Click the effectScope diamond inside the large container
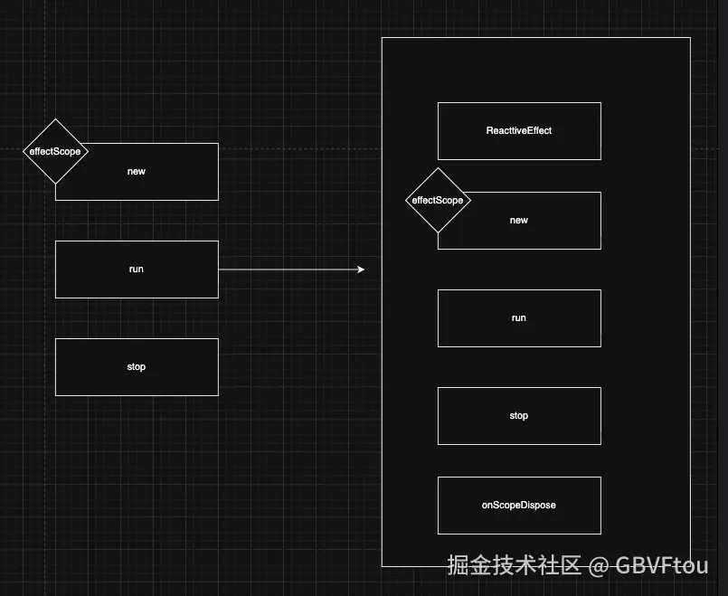point(438,200)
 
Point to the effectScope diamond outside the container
point(55,151)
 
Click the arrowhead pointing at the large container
point(360,270)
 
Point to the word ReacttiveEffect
point(519,131)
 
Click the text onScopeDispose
point(519,505)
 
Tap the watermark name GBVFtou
point(662,567)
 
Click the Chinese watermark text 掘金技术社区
point(514,567)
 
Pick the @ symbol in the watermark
point(598,567)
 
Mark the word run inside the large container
point(519,318)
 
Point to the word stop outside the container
point(137,367)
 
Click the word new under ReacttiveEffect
point(519,221)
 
